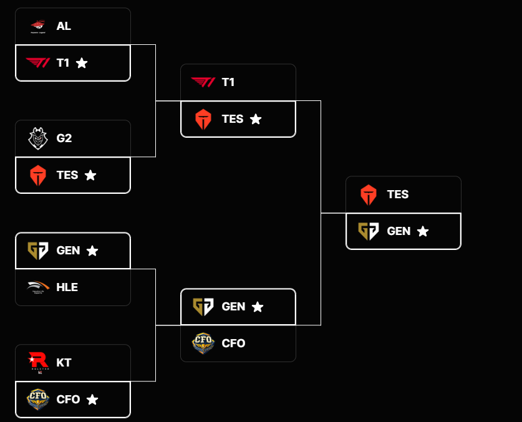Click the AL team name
[64, 26]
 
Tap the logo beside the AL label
[37, 26]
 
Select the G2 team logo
[37, 138]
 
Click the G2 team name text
[64, 138]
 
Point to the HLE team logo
[37, 287]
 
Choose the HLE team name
[67, 287]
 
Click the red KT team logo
[37, 362]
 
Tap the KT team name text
[64, 362]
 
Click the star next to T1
[82, 63]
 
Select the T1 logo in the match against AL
[37, 62]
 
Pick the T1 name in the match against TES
[228, 82]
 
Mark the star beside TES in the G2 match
[90, 175]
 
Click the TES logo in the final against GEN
[369, 194]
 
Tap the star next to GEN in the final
[423, 231]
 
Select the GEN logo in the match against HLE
[37, 251]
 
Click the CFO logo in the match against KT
[37, 399]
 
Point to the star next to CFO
[92, 400]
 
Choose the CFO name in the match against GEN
[234, 343]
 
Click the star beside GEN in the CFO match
[258, 307]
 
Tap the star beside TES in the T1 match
[256, 119]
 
